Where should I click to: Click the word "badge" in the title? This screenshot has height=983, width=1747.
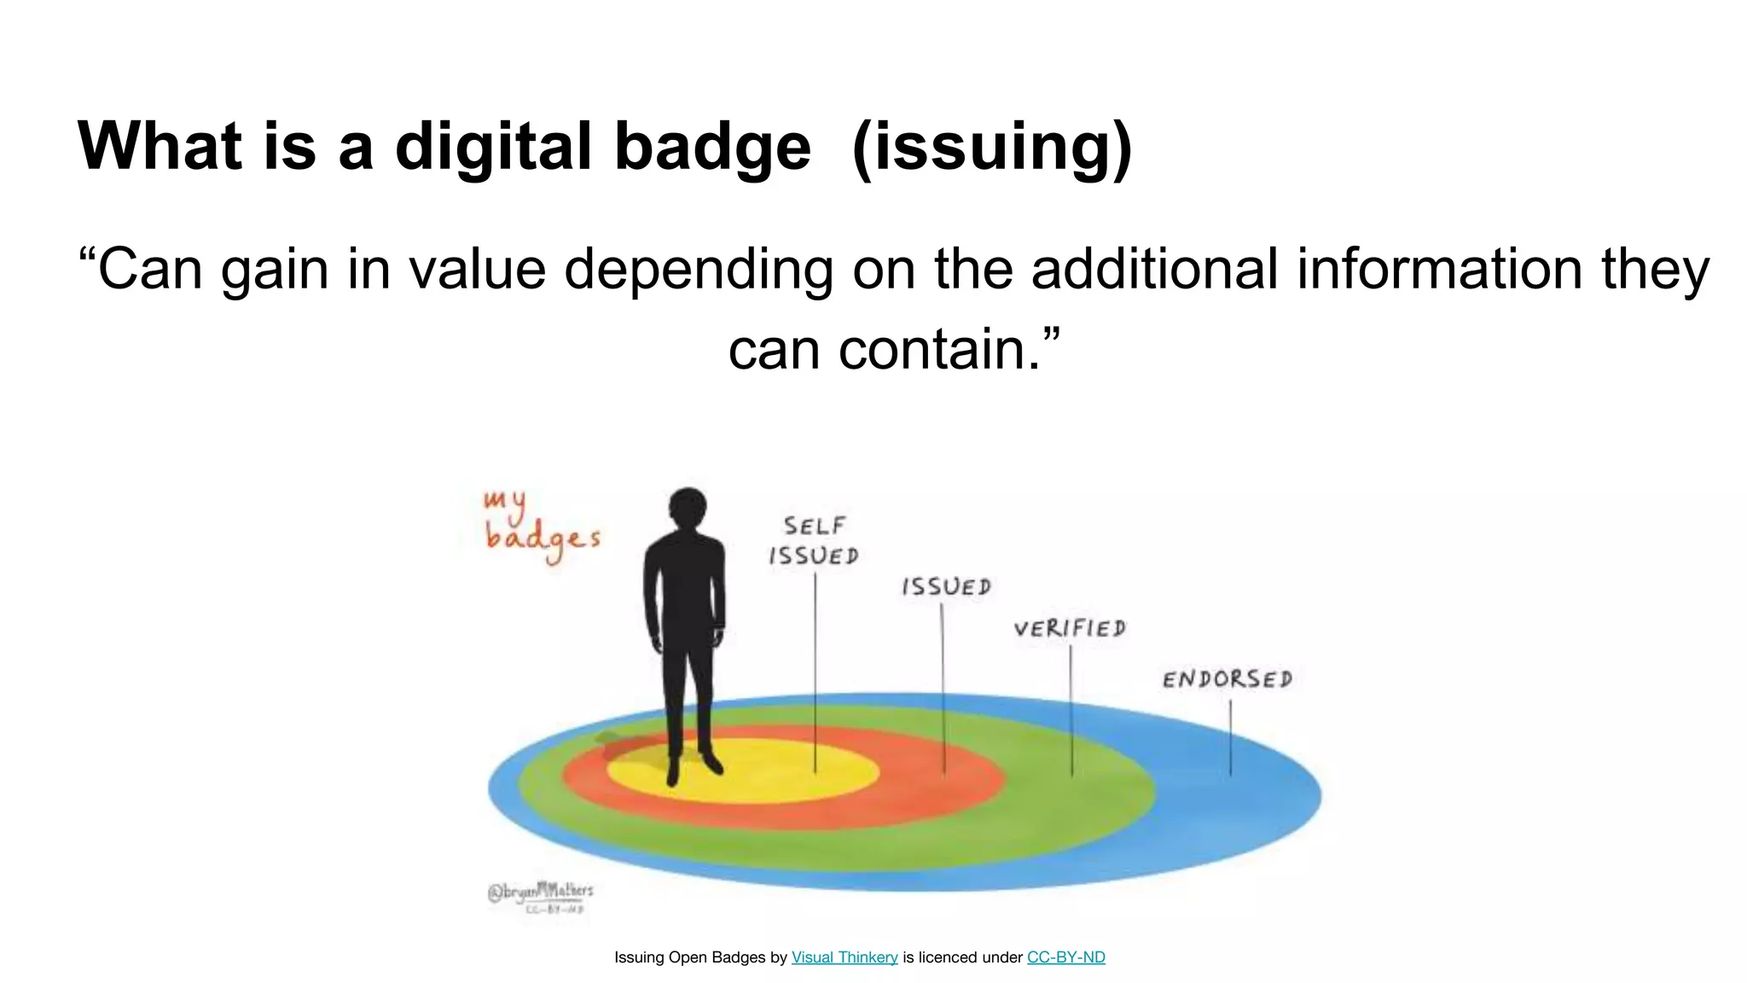point(712,146)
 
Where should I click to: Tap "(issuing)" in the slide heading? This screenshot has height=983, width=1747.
point(991,146)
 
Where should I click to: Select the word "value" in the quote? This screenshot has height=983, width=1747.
point(477,269)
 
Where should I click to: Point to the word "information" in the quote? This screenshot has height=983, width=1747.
point(1442,269)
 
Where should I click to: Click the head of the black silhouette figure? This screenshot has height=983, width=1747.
point(688,509)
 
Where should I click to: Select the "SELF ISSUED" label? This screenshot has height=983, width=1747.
point(814,541)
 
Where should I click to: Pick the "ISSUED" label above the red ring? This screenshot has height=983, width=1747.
point(946,587)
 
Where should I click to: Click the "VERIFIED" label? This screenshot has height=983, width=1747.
point(1070,629)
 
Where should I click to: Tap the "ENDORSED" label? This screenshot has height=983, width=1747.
point(1228,679)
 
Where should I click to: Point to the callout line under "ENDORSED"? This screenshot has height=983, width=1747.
point(1230,737)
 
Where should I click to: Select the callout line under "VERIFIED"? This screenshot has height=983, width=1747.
point(1071,708)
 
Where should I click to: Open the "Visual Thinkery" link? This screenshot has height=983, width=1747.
point(844,957)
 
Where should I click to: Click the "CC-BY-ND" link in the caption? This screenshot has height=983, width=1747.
point(1065,957)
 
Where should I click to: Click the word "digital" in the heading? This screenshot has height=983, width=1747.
point(493,146)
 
